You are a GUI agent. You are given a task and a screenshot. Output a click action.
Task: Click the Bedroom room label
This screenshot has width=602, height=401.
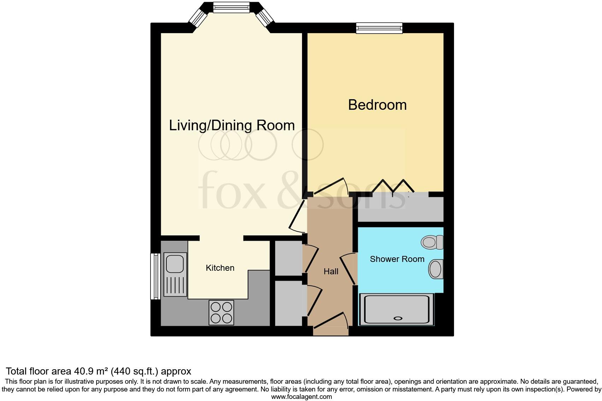377,105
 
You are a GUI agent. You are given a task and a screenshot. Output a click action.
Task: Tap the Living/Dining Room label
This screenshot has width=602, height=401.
232,125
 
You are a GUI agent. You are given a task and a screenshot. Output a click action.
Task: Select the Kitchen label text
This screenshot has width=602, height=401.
220,268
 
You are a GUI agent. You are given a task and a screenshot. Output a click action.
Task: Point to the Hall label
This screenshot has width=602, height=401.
331,271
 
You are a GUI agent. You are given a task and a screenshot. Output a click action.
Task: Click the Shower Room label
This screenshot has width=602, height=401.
397,259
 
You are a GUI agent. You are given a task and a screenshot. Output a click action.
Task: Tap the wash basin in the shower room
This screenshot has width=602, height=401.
436,269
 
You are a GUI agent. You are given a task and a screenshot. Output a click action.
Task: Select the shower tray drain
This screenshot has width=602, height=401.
398,318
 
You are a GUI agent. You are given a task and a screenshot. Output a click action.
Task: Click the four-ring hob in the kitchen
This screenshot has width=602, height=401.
222,312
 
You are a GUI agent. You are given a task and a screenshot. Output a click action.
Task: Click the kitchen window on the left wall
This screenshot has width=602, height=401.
155,276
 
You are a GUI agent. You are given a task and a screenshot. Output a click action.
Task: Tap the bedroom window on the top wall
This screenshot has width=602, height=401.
379,28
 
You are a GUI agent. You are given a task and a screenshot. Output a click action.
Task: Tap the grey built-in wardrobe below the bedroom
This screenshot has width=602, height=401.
400,210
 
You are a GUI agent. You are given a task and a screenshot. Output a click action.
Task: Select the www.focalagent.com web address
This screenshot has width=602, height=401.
301,397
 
